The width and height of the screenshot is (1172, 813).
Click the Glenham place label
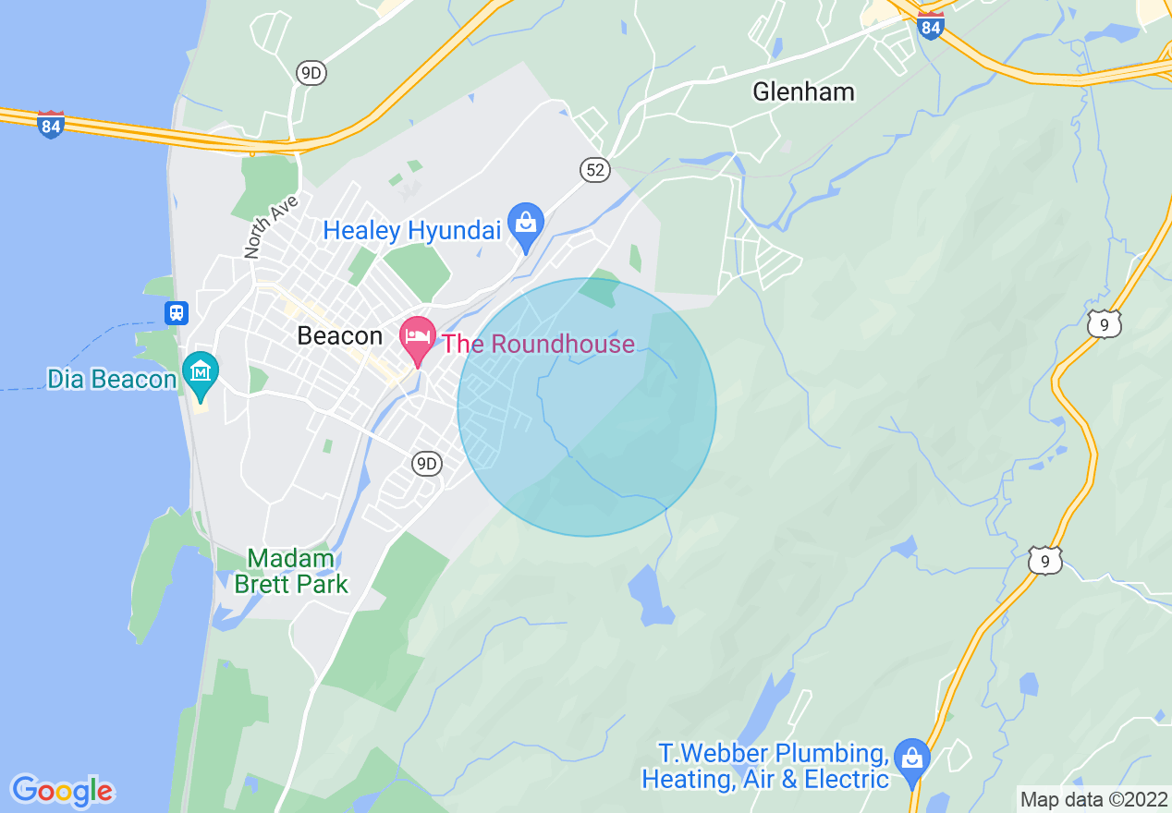click(x=803, y=91)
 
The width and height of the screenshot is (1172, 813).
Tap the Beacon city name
click(x=339, y=336)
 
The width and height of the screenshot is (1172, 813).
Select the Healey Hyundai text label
click(x=411, y=230)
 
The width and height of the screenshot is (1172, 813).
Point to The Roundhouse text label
click(x=538, y=345)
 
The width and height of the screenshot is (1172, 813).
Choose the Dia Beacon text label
click(x=112, y=380)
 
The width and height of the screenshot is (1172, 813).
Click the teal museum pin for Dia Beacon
click(x=201, y=374)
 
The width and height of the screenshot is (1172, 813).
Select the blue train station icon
click(x=176, y=312)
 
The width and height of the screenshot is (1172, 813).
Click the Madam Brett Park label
click(x=291, y=571)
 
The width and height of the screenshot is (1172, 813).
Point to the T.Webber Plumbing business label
click(x=765, y=766)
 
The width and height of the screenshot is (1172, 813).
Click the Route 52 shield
click(x=595, y=168)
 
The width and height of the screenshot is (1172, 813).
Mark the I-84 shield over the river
click(x=51, y=124)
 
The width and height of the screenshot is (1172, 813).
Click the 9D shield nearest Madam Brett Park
click(x=426, y=464)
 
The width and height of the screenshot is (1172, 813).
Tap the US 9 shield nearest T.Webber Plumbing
click(x=1044, y=560)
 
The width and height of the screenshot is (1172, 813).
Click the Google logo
click(x=62, y=791)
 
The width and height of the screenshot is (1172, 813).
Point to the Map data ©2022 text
click(x=1094, y=798)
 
